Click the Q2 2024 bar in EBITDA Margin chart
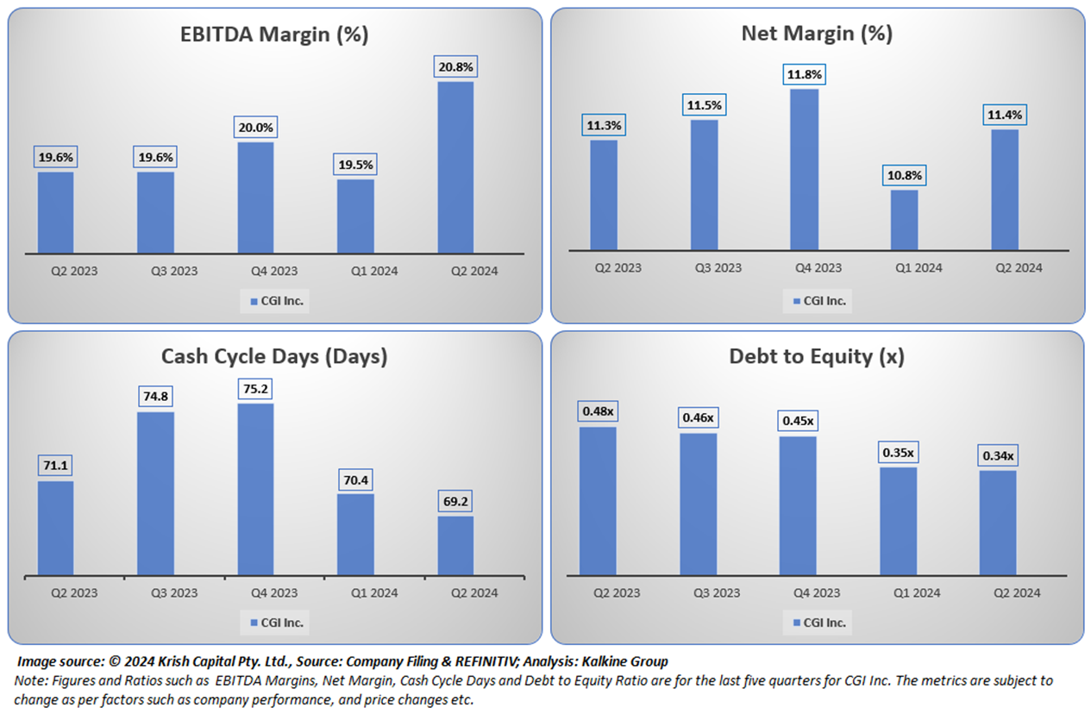point(455,167)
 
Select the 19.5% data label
point(355,165)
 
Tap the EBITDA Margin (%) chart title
point(274,34)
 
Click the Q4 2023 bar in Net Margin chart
point(804,169)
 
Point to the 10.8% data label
point(904,175)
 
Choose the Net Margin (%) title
point(817,34)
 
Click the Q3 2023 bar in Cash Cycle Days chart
point(155,493)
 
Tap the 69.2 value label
point(455,501)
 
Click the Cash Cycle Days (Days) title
point(274,356)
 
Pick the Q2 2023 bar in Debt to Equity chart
point(598,501)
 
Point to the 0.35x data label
point(899,452)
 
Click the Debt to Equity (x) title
point(817,356)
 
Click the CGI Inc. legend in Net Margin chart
point(818,300)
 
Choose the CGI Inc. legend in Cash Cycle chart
point(276,623)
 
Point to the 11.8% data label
point(804,74)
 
